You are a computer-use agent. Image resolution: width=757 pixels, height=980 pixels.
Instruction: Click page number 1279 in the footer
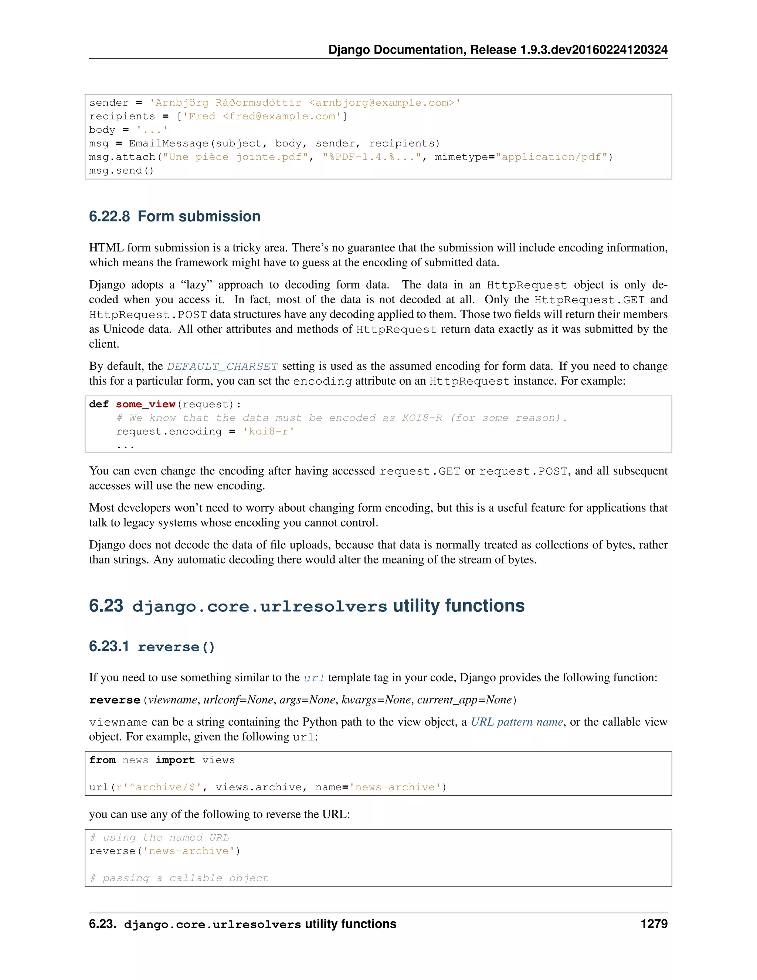click(x=654, y=923)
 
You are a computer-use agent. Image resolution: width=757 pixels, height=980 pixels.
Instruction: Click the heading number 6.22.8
click(x=109, y=217)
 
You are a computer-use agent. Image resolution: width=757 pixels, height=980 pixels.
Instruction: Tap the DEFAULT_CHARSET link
click(x=223, y=366)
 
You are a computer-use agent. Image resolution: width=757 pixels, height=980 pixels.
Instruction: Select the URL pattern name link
click(x=517, y=722)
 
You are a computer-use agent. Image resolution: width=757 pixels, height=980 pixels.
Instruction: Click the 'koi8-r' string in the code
click(x=268, y=431)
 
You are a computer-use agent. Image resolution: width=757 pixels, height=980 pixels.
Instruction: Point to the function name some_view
click(x=145, y=404)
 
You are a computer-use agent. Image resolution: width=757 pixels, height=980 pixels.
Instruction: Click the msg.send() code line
click(x=121, y=170)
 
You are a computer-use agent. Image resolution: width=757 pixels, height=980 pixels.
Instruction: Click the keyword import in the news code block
click(x=175, y=760)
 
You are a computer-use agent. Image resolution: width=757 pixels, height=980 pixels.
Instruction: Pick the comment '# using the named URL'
click(x=159, y=837)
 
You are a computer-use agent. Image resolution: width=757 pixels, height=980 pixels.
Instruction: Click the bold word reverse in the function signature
click(x=115, y=700)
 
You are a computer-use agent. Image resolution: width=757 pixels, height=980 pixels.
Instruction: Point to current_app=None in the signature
click(x=464, y=700)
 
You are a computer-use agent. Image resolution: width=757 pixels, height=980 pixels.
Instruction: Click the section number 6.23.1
click(x=109, y=646)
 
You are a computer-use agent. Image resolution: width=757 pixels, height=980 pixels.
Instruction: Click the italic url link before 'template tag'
click(x=313, y=677)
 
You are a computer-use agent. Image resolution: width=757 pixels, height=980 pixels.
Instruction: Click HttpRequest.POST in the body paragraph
click(x=147, y=315)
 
